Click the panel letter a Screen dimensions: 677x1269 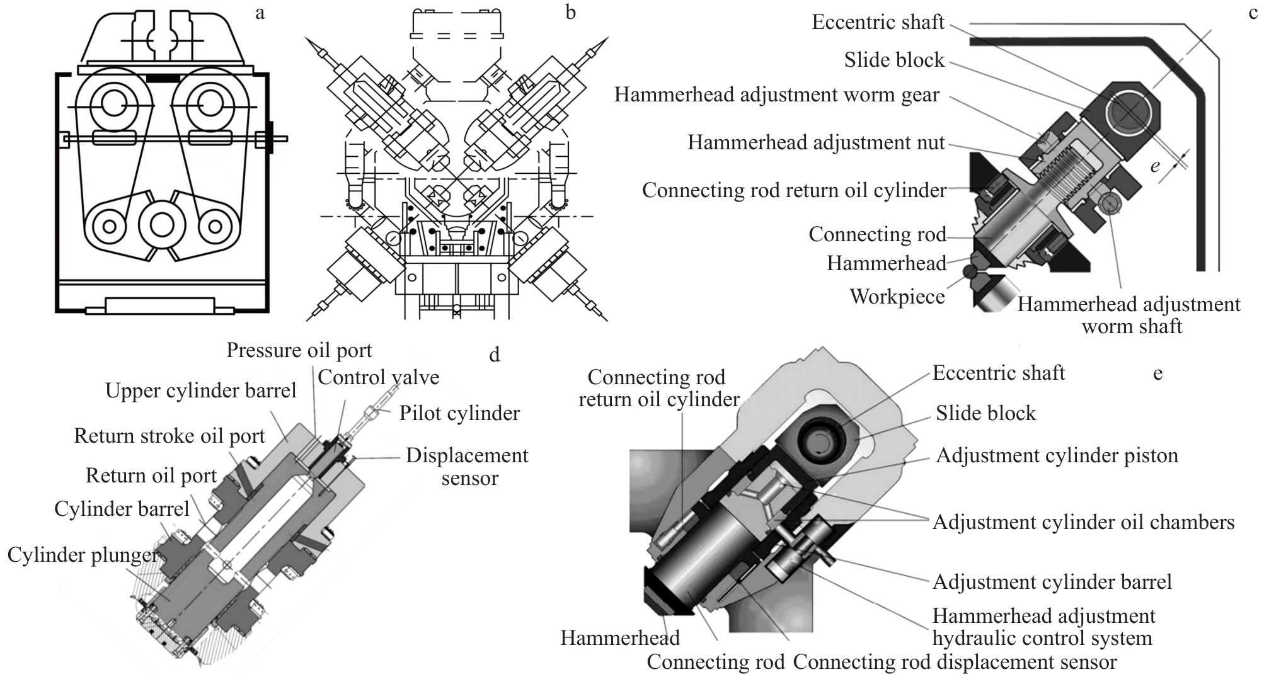click(260, 13)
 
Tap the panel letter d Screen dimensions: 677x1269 click(495, 355)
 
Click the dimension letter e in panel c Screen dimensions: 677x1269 click(1155, 166)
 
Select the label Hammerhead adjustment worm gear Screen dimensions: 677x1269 click(776, 94)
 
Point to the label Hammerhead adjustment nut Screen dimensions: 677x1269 click(816, 142)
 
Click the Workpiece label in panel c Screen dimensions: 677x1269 click(897, 297)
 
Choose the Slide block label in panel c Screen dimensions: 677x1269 click(894, 60)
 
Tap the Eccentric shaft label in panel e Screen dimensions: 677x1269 click(998, 373)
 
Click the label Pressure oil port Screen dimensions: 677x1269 click(299, 350)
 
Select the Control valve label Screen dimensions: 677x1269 click(378, 377)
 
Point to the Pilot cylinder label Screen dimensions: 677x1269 click(459, 413)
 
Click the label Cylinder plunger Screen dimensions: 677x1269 click(82, 555)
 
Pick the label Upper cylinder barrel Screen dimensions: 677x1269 click(200, 390)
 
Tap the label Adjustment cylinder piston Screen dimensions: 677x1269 click(1057, 455)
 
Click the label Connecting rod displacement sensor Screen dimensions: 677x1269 click(955, 662)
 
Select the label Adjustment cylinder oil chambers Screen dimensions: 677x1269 click(1083, 522)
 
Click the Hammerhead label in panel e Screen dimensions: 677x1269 click(620, 638)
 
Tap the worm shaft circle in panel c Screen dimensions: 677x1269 click(1108, 202)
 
